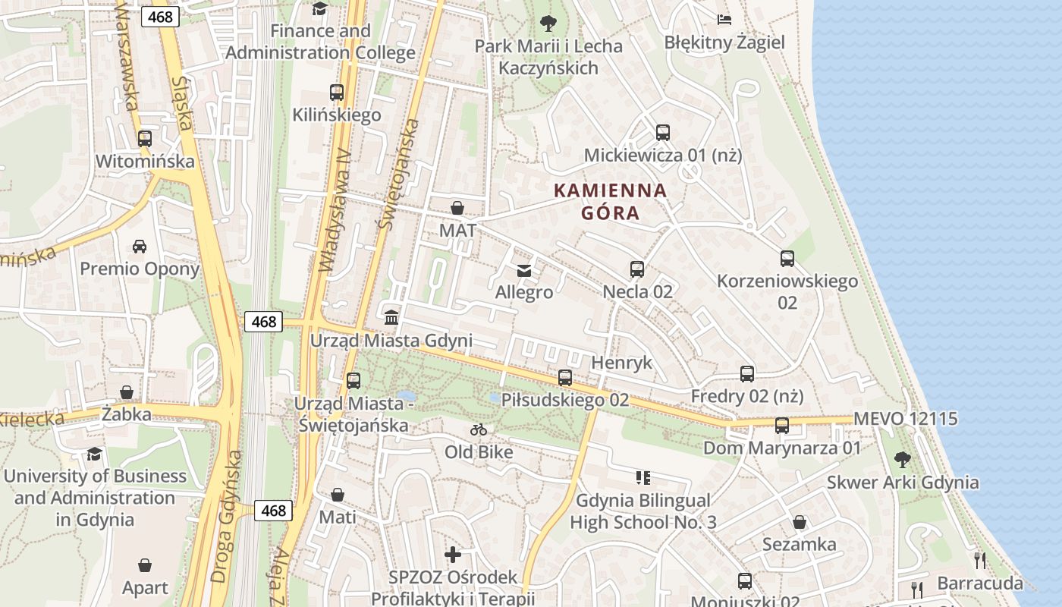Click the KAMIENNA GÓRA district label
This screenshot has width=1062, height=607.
pyautogui.click(x=611, y=201)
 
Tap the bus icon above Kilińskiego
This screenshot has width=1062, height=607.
pyautogui.click(x=337, y=93)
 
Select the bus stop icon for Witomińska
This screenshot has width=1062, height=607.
pyautogui.click(x=144, y=139)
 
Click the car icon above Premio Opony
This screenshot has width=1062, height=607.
pyautogui.click(x=140, y=247)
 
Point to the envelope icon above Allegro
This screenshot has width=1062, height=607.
pyautogui.click(x=523, y=270)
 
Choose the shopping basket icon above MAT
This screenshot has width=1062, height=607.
pyautogui.click(x=457, y=208)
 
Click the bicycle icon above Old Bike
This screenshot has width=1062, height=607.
pyautogui.click(x=478, y=430)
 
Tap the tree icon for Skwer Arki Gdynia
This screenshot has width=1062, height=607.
pyautogui.click(x=902, y=459)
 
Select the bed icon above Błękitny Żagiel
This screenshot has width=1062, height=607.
pyautogui.click(x=724, y=20)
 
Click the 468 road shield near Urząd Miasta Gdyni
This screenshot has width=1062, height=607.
pyautogui.click(x=263, y=322)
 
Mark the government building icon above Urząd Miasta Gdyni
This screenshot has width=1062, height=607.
pyautogui.click(x=391, y=317)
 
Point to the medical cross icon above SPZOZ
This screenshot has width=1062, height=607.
pyautogui.click(x=453, y=555)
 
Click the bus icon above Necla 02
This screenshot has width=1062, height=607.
pyautogui.click(x=637, y=269)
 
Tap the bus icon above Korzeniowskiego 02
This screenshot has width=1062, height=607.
pyautogui.click(x=787, y=259)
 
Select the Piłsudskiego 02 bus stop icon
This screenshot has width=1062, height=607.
pyautogui.click(x=565, y=377)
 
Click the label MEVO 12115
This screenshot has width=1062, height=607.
pyautogui.click(x=905, y=419)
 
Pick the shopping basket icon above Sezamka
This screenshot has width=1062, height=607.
pyautogui.click(x=799, y=522)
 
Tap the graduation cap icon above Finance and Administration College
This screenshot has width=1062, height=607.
pyautogui.click(x=320, y=9)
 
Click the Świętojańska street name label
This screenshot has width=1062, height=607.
pyautogui.click(x=399, y=175)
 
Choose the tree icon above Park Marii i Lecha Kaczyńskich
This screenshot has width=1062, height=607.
pyautogui.click(x=548, y=24)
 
